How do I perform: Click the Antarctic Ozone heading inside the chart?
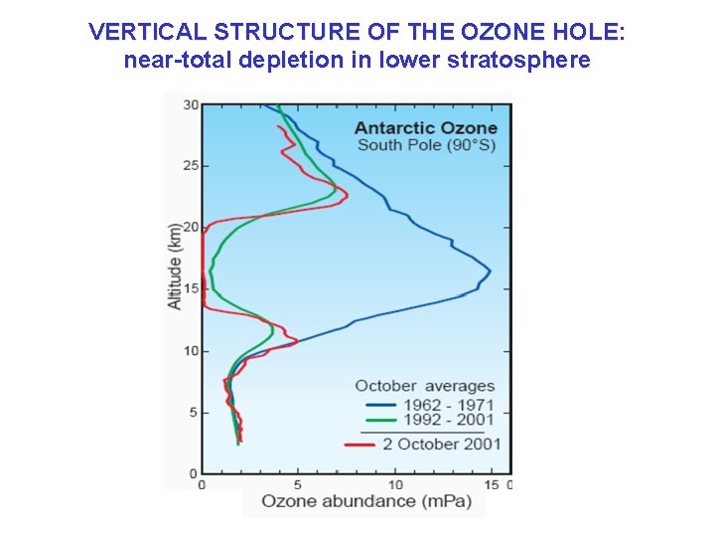[x=426, y=127]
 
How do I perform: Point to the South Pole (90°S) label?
[x=426, y=145]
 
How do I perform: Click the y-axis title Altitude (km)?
[x=175, y=265]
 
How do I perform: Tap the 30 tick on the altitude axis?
[x=191, y=104]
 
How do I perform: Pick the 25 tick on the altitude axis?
[x=191, y=165]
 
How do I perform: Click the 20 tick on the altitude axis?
[x=191, y=227]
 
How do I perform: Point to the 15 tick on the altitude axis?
[x=191, y=288]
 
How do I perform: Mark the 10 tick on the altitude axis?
[x=191, y=350]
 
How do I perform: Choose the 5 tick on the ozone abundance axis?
[x=298, y=484]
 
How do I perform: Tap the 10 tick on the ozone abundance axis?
[x=394, y=484]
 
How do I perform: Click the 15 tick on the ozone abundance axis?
[x=491, y=484]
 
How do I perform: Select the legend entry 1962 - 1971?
[x=448, y=406]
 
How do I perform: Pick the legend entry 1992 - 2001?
[x=448, y=420]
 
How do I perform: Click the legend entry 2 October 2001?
[x=442, y=444]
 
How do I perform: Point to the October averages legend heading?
[x=424, y=386]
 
